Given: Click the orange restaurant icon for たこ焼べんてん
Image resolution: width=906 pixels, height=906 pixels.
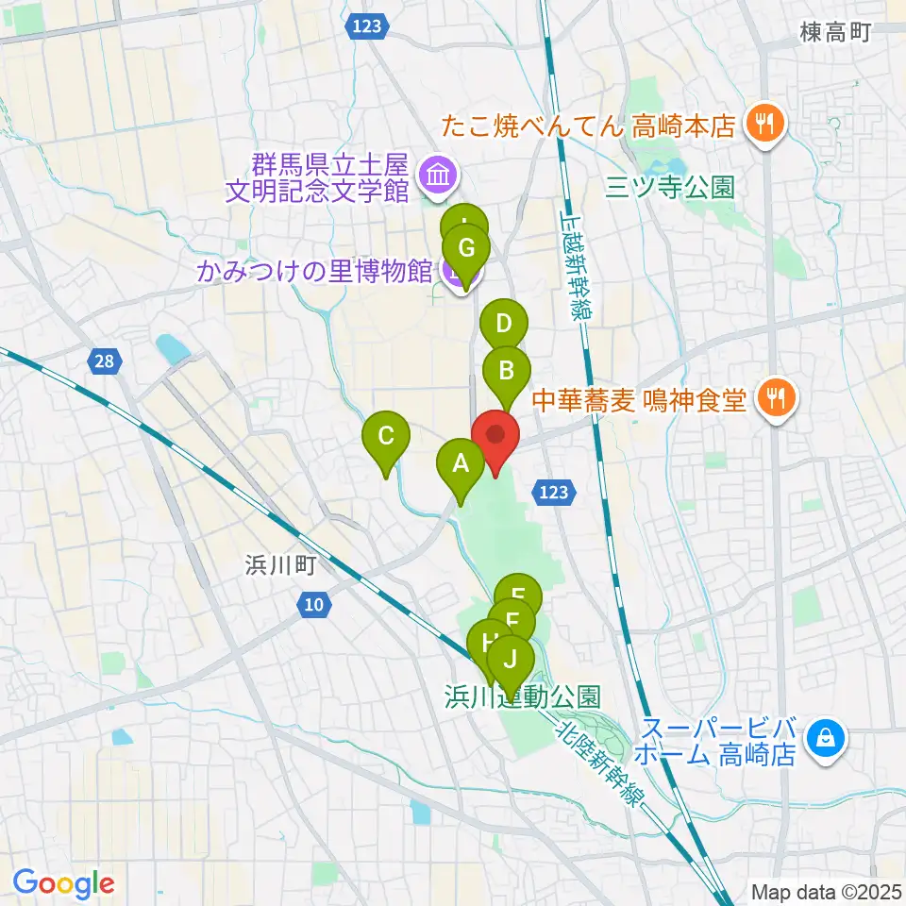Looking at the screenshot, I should click(x=763, y=124).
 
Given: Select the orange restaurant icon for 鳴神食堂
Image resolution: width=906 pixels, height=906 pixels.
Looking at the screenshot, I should click(x=776, y=400).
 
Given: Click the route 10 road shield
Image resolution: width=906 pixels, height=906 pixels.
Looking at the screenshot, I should click(x=313, y=604).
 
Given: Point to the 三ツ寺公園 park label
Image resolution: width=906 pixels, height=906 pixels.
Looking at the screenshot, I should click(x=670, y=188).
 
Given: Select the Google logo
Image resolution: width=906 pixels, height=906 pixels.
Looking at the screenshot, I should click(x=64, y=883).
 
